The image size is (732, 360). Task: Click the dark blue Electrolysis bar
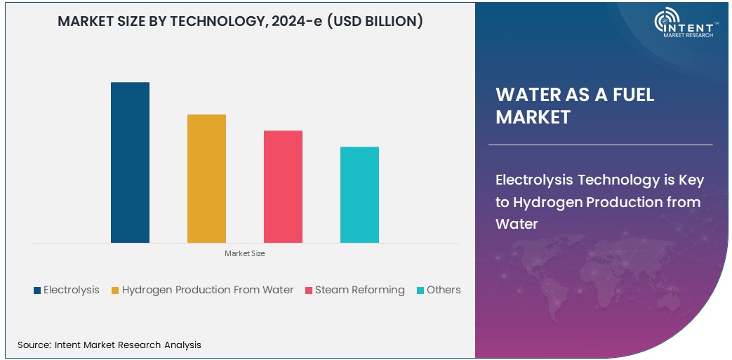click(x=130, y=162)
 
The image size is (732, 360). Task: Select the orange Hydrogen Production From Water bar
click(x=206, y=178)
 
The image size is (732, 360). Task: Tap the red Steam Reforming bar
click(x=283, y=187)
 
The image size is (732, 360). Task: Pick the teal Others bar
click(x=359, y=194)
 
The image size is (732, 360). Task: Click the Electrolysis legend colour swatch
click(x=36, y=291)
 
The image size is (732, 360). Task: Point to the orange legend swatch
click(x=115, y=291)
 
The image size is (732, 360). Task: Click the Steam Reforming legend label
click(x=359, y=290)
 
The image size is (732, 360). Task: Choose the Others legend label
click(x=444, y=290)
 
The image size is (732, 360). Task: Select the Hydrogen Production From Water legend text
click(x=208, y=290)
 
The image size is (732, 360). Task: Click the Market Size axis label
click(x=245, y=253)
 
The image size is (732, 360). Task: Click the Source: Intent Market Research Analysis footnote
click(x=109, y=345)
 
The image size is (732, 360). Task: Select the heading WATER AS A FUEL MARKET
click(x=575, y=106)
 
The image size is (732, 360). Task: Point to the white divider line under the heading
click(x=600, y=145)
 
